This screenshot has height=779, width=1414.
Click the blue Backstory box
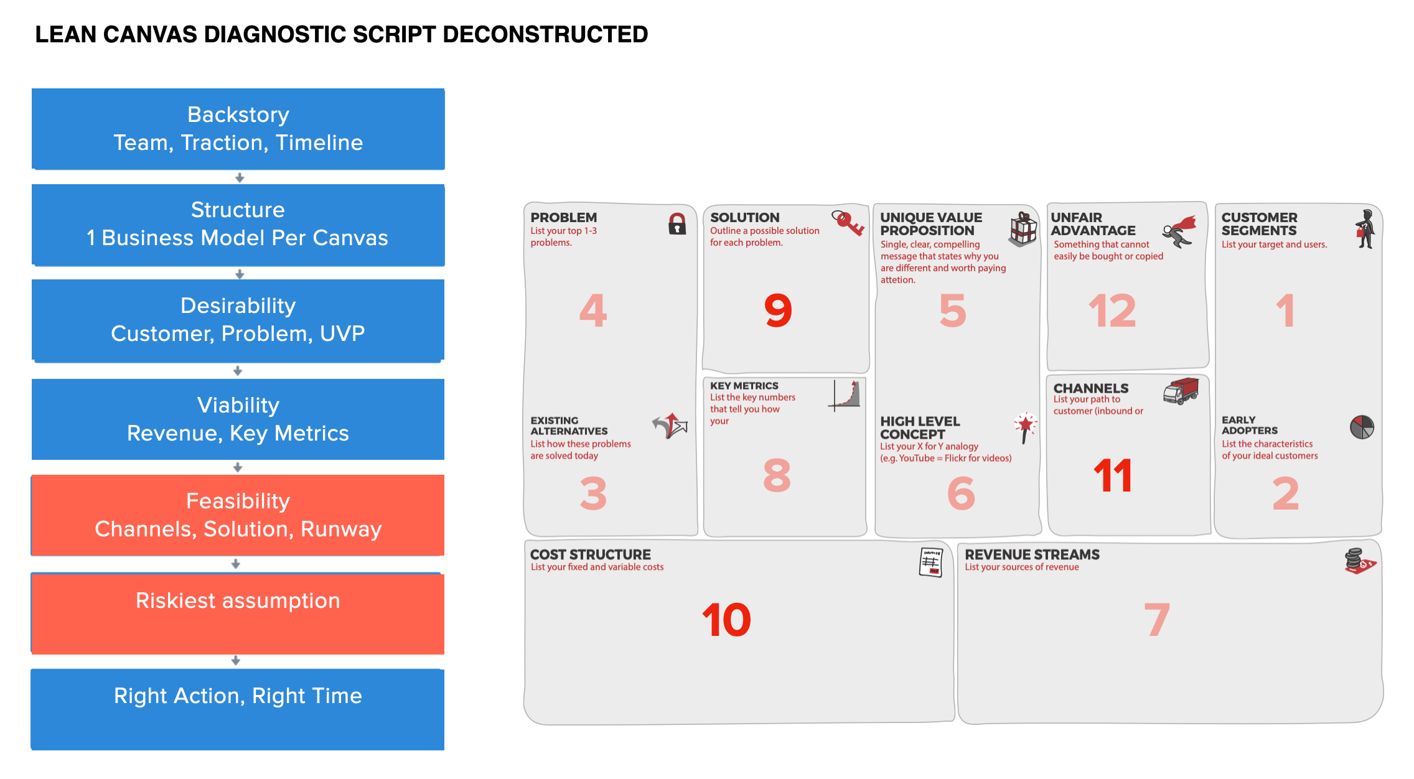pos(238,129)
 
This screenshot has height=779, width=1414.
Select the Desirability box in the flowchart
pos(238,320)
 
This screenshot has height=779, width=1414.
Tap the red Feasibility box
pos(238,515)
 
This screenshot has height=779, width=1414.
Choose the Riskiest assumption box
pos(238,613)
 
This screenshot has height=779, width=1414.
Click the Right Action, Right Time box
pos(238,709)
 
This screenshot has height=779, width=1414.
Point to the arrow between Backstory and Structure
pos(240,178)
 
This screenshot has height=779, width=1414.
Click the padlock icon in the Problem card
pos(677,224)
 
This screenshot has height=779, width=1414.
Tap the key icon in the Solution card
pos(848,223)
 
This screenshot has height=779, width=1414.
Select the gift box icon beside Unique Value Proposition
pos(1023,229)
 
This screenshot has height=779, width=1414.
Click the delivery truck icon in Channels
pos(1181,391)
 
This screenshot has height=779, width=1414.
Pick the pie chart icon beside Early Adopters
pos(1362,427)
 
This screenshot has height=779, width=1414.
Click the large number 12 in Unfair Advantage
pos(1112,310)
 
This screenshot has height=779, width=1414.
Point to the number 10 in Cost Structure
pos(726,620)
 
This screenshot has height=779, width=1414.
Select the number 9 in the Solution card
pos(778,310)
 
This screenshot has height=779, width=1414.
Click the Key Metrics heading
pos(744,386)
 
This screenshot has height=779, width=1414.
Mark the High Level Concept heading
pos(920,428)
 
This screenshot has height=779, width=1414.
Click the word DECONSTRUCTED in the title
pos(545,35)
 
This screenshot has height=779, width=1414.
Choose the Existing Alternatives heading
pos(569,426)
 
